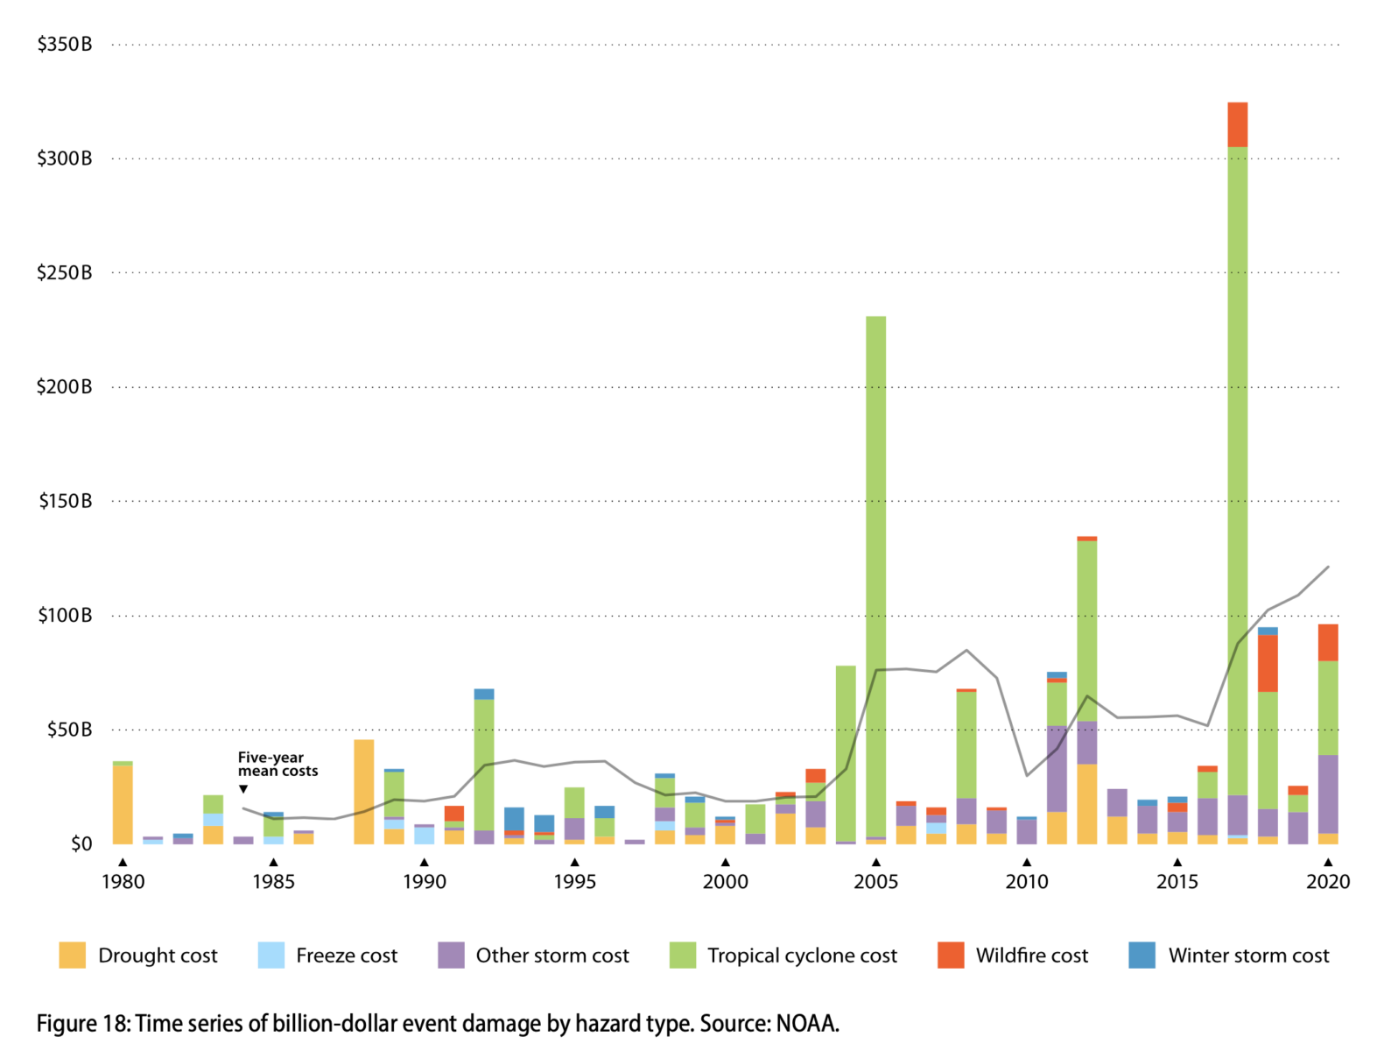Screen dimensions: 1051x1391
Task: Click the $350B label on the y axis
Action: click(64, 44)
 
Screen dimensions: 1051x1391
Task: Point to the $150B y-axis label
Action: click(65, 501)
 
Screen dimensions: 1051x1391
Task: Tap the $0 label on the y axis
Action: click(81, 844)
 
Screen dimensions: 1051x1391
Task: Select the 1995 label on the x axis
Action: click(574, 882)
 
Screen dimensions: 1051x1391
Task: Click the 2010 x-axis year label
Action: click(1026, 882)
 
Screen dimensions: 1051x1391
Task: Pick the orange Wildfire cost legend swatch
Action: click(950, 955)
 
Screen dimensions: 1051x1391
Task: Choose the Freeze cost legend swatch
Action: click(271, 955)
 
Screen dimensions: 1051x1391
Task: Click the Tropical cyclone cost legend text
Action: click(802, 956)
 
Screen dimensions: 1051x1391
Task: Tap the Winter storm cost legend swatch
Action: click(1142, 955)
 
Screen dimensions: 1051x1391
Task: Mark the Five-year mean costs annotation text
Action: click(277, 765)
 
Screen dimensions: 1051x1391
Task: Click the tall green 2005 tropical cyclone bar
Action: click(875, 569)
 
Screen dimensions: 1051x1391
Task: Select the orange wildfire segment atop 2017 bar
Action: click(1237, 124)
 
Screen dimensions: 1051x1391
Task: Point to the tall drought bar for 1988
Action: click(363, 792)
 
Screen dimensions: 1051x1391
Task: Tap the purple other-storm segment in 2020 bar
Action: click(1328, 794)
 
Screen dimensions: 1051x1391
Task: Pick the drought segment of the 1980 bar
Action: click(123, 804)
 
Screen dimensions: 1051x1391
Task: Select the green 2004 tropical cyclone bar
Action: click(846, 753)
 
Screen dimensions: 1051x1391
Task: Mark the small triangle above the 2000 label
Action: click(725, 863)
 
